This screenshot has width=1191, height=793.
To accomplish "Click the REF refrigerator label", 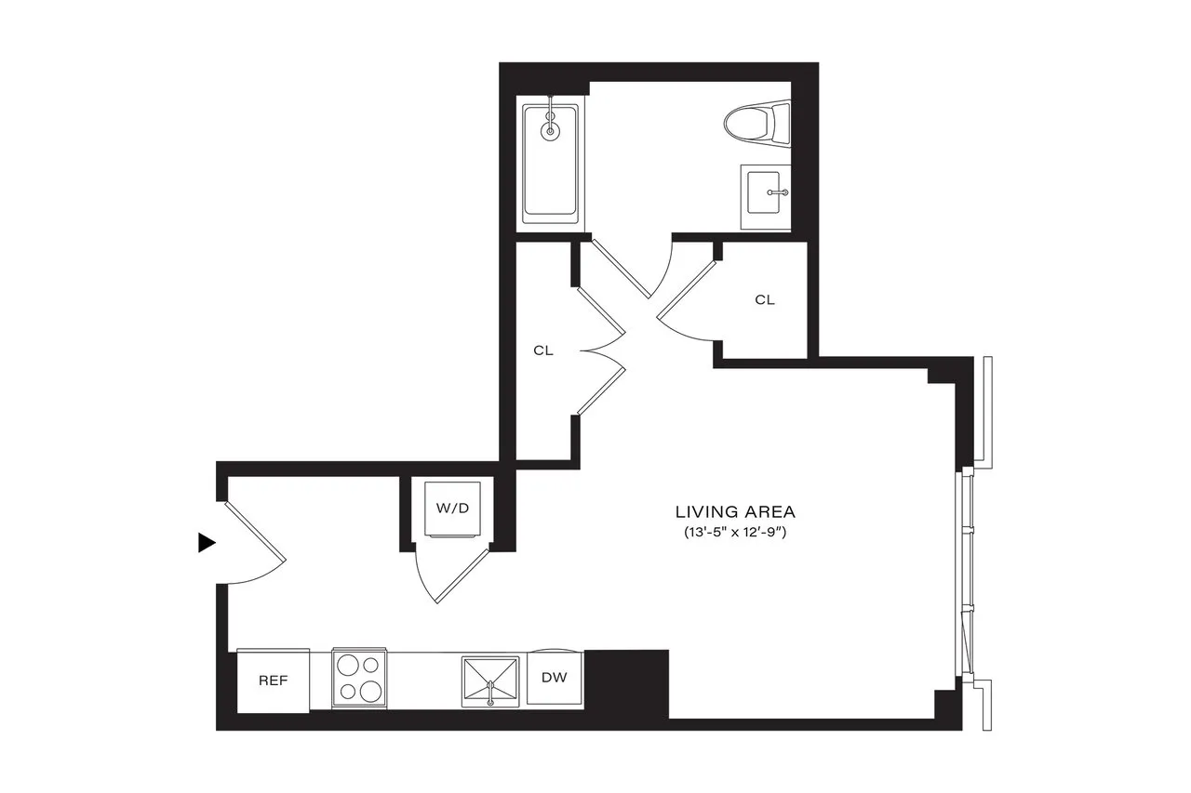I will (273, 681).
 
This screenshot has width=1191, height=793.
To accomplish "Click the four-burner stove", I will (360, 678).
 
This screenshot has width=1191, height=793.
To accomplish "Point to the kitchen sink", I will (490, 682).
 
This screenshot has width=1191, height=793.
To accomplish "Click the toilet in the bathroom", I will (756, 124).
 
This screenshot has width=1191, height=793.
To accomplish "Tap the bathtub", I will (550, 164).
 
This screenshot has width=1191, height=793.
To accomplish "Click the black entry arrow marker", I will (207, 543).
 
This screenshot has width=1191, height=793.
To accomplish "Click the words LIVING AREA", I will (735, 511).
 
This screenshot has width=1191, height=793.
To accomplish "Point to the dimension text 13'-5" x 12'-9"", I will (735, 534).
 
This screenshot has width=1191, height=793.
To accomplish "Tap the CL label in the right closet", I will (764, 299).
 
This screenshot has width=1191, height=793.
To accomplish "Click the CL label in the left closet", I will (543, 351).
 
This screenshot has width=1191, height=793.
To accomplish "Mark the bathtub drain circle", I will (551, 131).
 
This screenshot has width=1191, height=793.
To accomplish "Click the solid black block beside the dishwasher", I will (626, 681).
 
